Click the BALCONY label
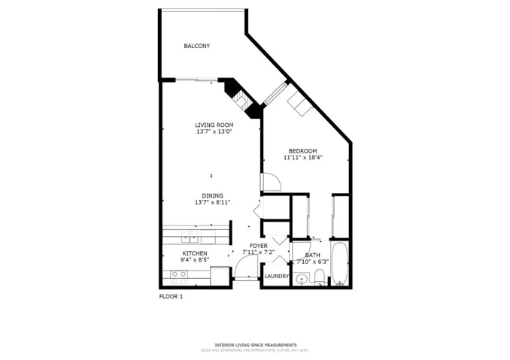(x=197, y=46)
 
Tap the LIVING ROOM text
(x=214, y=125)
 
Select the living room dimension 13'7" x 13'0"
(x=214, y=132)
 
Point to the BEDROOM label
(x=302, y=151)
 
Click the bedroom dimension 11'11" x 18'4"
(x=302, y=158)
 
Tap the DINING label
(x=212, y=195)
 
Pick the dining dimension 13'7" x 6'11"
(x=212, y=202)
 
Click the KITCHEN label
(x=194, y=253)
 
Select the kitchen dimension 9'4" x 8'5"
(x=194, y=261)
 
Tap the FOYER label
(x=258, y=246)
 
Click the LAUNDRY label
(x=276, y=276)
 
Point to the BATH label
(x=312, y=255)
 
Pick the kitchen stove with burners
(x=178, y=275)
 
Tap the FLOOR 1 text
(x=171, y=296)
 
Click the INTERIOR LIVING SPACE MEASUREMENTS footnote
(x=255, y=345)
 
